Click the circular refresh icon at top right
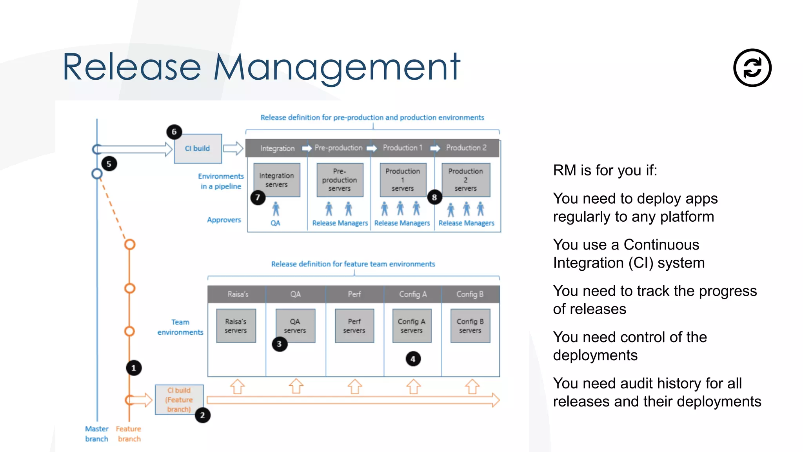[752, 67]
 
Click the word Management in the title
[336, 67]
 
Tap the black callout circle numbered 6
[174, 132]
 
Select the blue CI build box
[198, 148]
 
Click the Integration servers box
[276, 180]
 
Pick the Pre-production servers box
[340, 180]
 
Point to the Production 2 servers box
[465, 180]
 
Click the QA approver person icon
[276, 209]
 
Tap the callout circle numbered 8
[434, 197]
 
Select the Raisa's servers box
[236, 326]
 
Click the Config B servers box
[470, 326]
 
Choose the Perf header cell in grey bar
[354, 294]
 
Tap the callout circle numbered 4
[413, 359]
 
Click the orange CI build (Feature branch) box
[179, 400]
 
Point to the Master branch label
[96, 434]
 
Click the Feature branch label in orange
[129, 434]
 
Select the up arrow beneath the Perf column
[354, 386]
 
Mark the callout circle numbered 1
[134, 368]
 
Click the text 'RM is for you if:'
[605, 170]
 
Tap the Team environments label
[180, 327]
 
